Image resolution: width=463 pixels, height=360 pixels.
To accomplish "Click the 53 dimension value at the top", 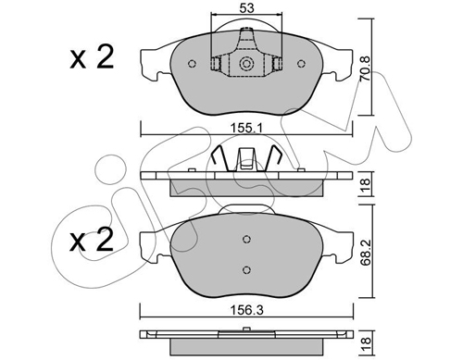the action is click(x=247, y=8).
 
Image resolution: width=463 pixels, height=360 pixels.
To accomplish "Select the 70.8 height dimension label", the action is click(x=366, y=68).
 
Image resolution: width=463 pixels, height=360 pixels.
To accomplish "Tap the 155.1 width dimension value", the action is click(x=247, y=128).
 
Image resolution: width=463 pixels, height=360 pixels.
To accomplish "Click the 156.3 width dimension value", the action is click(x=247, y=310).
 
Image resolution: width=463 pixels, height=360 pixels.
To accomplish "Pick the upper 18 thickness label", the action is click(x=366, y=185).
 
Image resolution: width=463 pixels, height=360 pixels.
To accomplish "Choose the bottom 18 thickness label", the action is click(x=366, y=341).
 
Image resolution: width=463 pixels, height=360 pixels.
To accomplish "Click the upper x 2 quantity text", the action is click(x=92, y=57).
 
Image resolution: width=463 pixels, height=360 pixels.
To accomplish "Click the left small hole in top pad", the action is click(x=192, y=64).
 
